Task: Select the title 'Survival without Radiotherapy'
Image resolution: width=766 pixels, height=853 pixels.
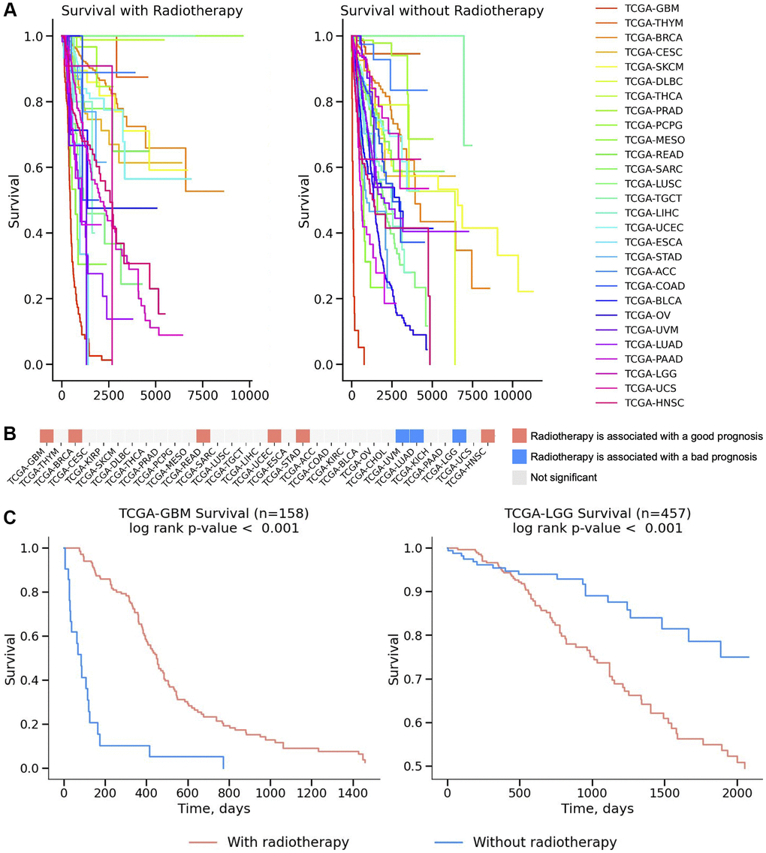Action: pyautogui.click(x=442, y=11)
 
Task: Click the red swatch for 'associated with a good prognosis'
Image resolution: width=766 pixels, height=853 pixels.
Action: pyautogui.click(x=520, y=436)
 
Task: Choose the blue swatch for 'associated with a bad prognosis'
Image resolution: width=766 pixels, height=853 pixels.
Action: pyautogui.click(x=520, y=457)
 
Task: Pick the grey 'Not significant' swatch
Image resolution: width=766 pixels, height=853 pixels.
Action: pyautogui.click(x=520, y=477)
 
